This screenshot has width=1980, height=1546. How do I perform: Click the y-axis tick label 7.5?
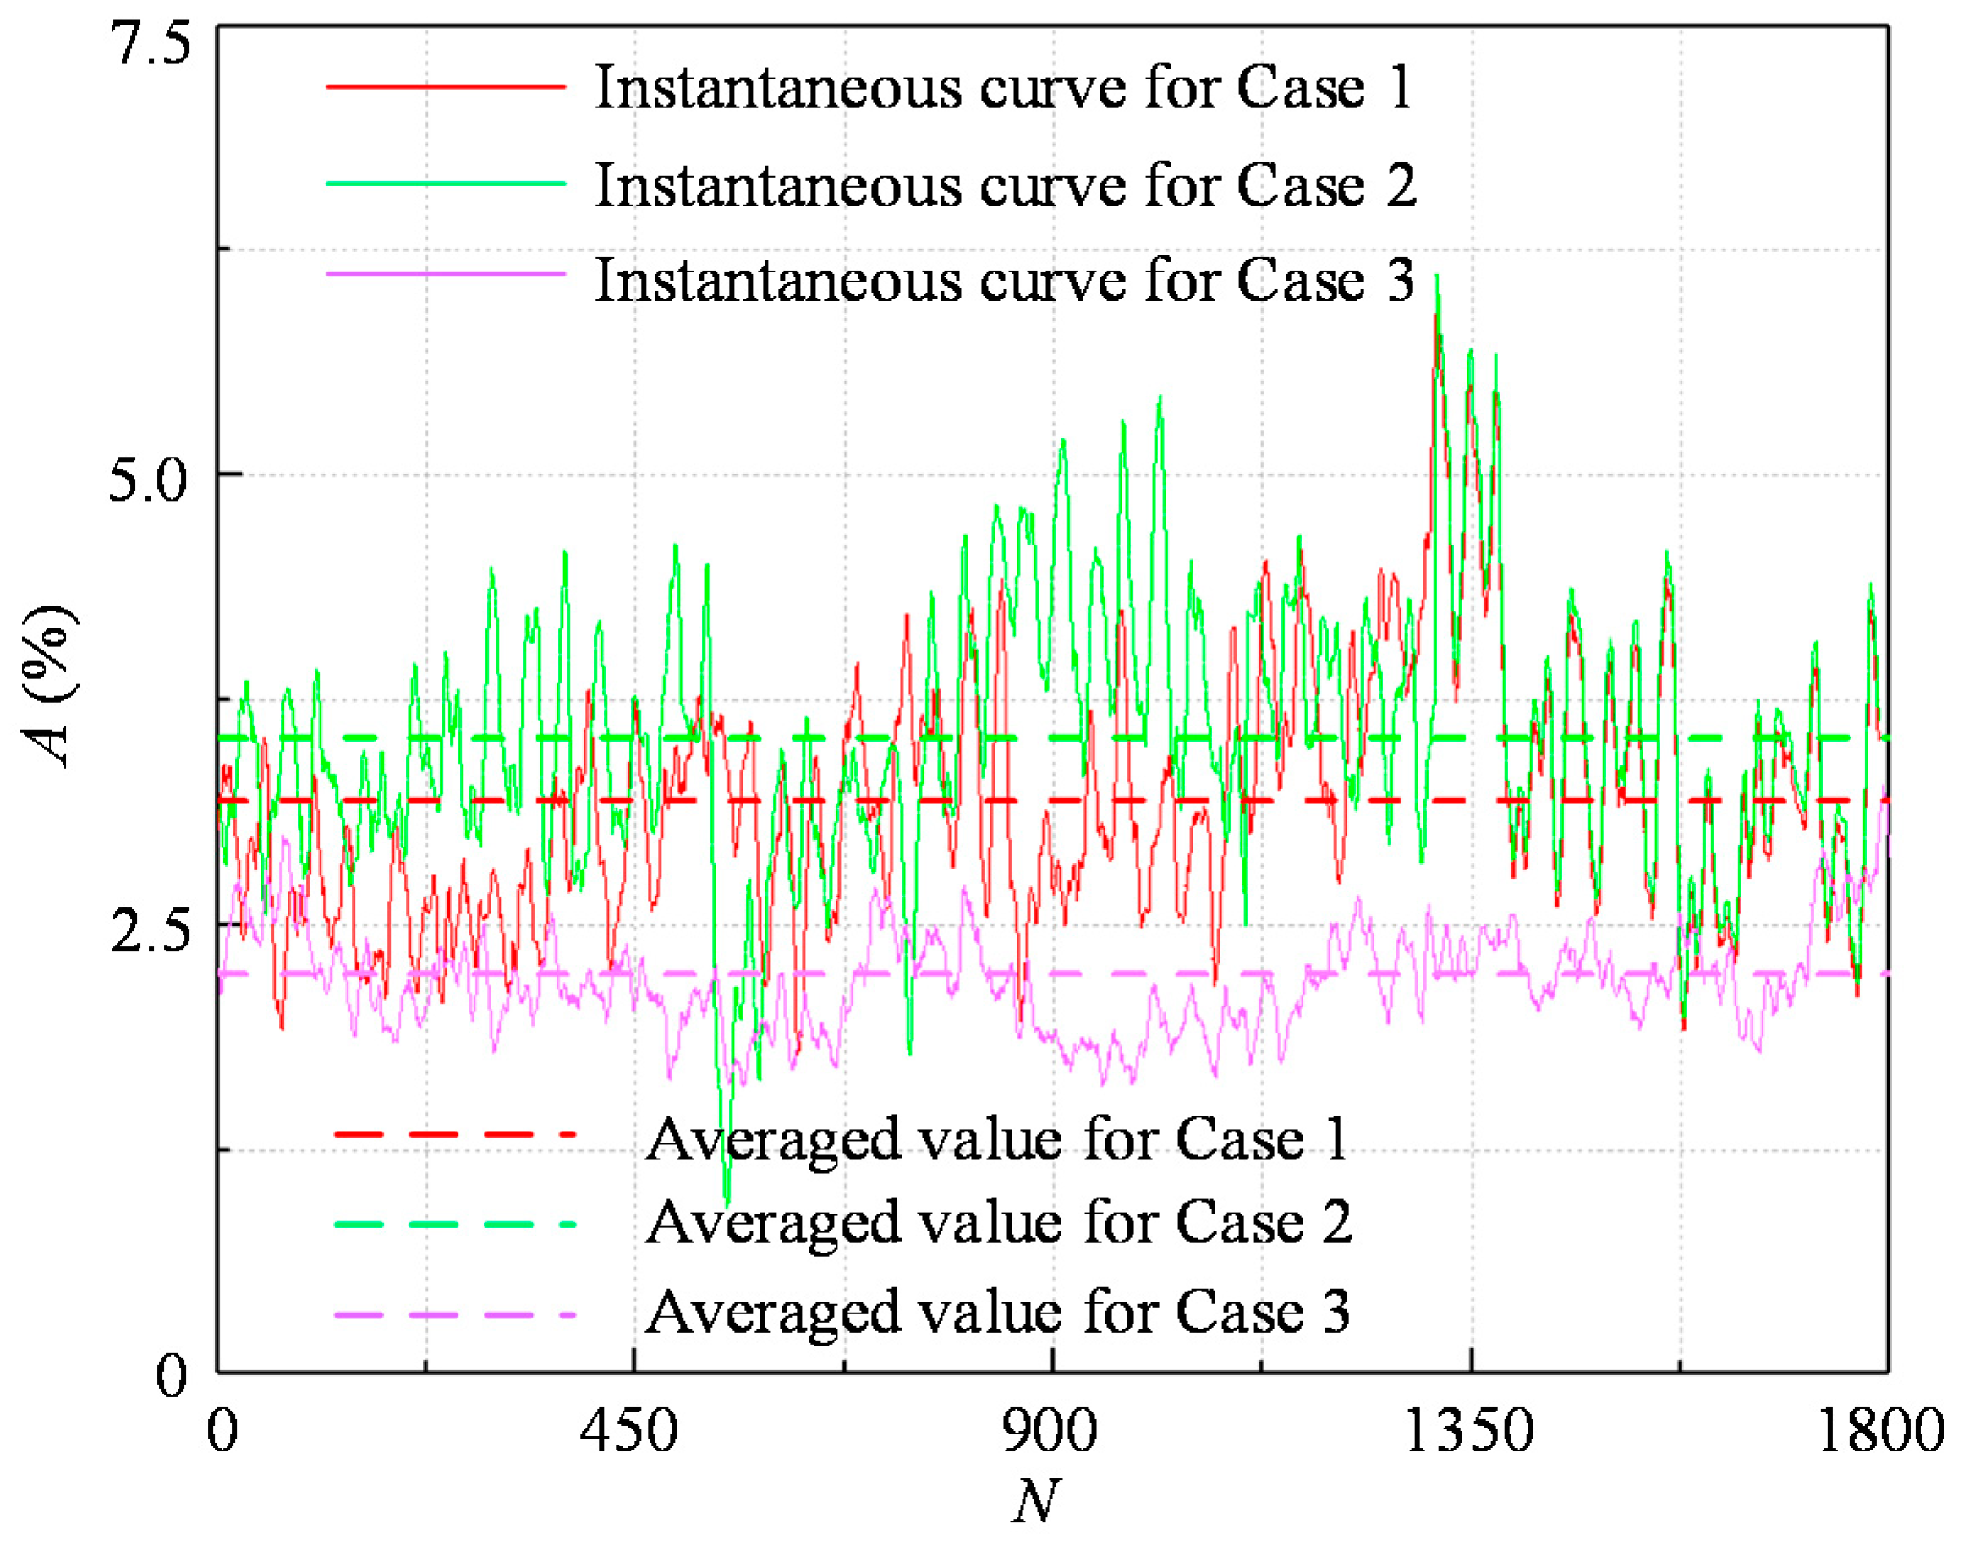151,43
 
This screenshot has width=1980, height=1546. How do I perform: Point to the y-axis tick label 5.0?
151,480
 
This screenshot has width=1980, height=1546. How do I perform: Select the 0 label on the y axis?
173,1377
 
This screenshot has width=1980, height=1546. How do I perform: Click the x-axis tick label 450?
628,1432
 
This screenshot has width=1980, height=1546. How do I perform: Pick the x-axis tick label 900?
1049,1432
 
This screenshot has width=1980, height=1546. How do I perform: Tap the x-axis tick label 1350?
1468,1432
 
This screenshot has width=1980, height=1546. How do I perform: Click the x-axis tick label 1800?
1880,1432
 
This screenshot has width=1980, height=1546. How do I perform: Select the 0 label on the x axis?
222,1432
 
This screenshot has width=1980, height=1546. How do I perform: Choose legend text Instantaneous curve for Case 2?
1005,186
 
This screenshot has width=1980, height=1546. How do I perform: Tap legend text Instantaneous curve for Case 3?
1004,280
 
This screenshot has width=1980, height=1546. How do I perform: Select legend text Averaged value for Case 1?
995,1140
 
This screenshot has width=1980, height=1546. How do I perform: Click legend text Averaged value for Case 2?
997,1223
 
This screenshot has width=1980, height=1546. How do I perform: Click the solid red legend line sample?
445,87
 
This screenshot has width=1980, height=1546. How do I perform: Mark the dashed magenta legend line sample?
454,1315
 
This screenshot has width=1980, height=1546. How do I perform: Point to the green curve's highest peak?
1437,277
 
